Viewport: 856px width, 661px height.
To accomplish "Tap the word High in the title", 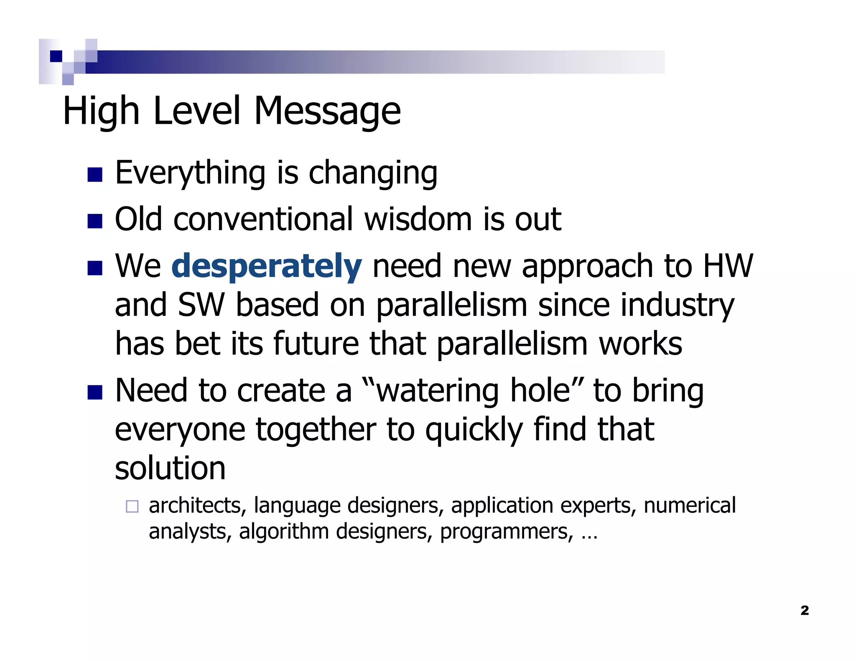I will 101,111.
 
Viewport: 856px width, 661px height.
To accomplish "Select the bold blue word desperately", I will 266,266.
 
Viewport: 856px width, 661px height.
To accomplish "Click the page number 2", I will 805,610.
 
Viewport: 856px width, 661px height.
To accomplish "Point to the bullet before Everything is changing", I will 95,175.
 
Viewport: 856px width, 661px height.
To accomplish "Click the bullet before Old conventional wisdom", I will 95,221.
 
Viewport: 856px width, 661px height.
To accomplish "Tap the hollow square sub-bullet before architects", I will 132,506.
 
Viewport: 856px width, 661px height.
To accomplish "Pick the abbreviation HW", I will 728,266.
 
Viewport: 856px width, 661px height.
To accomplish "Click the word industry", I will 677,306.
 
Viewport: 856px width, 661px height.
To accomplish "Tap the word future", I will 316,344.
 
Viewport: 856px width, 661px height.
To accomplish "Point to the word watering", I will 437,391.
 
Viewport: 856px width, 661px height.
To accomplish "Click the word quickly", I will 474,430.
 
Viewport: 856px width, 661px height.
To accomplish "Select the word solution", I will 170,468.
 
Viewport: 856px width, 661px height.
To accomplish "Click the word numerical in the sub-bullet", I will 690,506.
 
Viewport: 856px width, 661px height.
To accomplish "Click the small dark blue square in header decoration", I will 56,56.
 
